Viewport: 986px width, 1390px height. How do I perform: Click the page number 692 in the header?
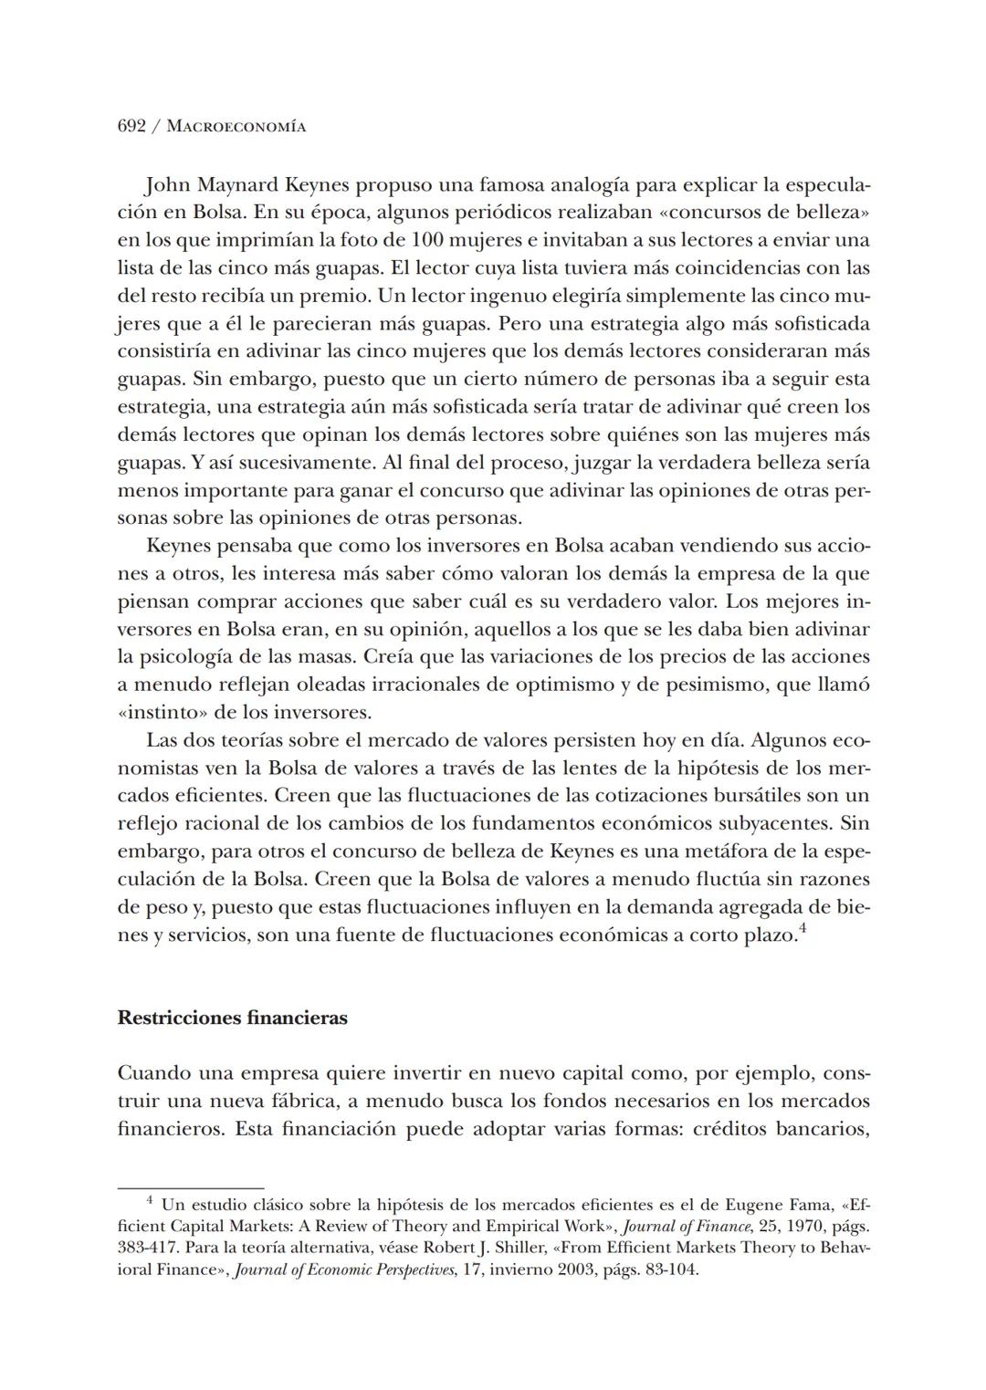tap(131, 126)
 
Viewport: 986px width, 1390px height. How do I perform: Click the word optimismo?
tap(563, 685)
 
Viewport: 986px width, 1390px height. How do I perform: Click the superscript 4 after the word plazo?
tap(802, 930)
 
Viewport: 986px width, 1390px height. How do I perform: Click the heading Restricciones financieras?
tap(232, 1019)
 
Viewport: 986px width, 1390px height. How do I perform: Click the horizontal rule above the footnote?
tap(190, 1189)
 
